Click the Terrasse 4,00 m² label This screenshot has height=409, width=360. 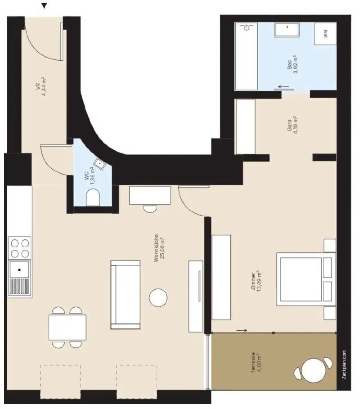[x=256, y=363]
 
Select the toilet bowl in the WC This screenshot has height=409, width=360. [x=93, y=197]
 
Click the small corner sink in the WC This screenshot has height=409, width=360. [x=99, y=164]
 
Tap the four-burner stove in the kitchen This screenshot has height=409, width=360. [x=19, y=248]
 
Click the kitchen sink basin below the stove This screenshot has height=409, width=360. [x=19, y=270]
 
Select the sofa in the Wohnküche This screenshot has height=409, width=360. [x=125, y=294]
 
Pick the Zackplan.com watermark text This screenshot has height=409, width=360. [x=344, y=366]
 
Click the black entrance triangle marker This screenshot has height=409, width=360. [x=44, y=6]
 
